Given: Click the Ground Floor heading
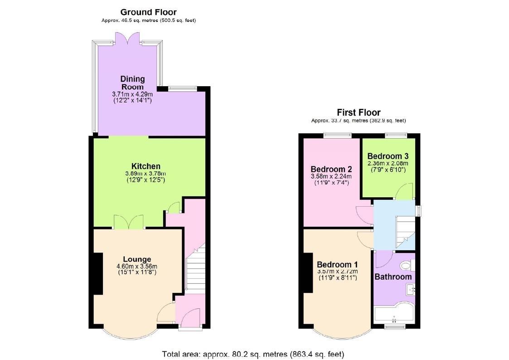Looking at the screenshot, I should click(149, 12).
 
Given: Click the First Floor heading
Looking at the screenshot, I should click(358, 112).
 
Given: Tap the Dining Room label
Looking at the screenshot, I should click(132, 83).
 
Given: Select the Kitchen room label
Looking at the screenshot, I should click(145, 166).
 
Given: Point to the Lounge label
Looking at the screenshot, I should click(137, 259).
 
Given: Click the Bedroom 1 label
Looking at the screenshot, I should click(337, 264).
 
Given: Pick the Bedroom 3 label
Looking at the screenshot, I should click(388, 155).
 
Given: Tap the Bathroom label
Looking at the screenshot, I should click(393, 277).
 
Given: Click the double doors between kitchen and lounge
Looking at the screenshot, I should click(128, 222).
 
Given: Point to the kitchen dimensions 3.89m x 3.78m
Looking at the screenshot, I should click(145, 174).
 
